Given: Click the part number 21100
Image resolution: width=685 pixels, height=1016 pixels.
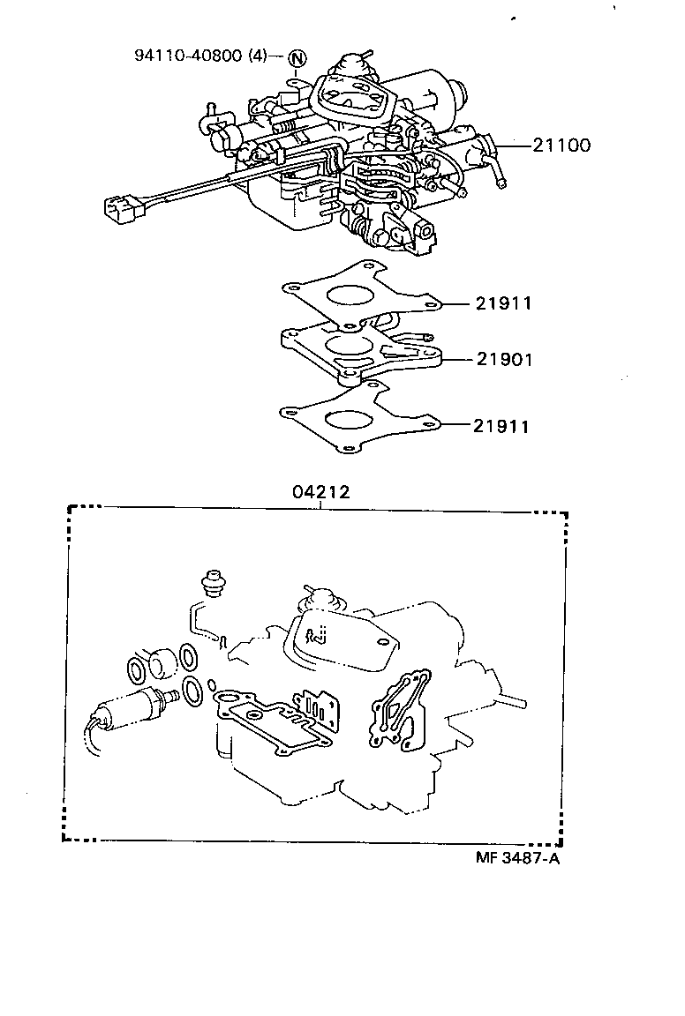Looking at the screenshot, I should [x=561, y=145].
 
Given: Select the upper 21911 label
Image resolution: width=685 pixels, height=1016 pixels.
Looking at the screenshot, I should [x=503, y=303].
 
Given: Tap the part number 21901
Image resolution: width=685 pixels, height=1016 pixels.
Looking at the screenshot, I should [x=504, y=360].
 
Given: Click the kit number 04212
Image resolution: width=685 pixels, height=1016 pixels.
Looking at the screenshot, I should [x=321, y=492].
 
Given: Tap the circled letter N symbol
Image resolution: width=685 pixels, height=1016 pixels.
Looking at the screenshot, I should [x=297, y=59].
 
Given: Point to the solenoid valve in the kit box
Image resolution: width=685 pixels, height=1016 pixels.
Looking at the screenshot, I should [x=128, y=707].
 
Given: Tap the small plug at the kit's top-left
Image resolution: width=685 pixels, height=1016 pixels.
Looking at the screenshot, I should [x=211, y=583].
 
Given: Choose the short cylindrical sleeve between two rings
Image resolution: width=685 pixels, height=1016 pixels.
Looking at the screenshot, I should [x=162, y=663].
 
